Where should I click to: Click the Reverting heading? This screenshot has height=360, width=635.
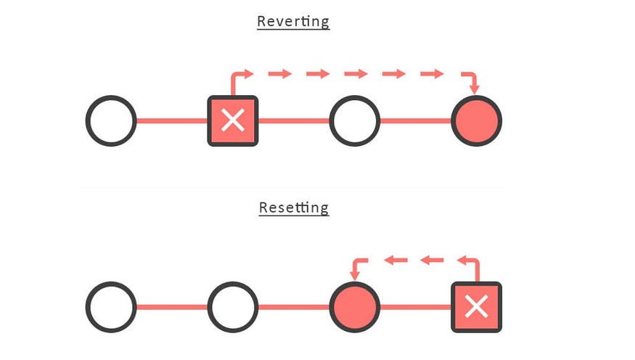pos(293,22)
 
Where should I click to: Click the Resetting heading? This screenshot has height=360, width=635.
pos(294,208)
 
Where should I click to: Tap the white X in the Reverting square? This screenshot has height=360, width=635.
pos(233,120)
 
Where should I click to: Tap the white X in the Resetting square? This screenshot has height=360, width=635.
pos(477,306)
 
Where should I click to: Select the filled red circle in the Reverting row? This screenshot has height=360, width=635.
pos(477,120)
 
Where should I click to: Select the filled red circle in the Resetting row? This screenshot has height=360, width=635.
pos(355,307)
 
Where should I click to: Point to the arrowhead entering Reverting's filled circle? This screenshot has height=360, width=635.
pos(475,89)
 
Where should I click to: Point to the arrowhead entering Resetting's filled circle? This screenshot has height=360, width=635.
pos(355,275)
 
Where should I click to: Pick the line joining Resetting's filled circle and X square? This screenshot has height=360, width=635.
pos(416,307)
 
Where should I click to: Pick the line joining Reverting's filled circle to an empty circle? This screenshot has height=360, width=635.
pos(416,120)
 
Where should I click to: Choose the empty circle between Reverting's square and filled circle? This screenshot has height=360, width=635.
pos(355,120)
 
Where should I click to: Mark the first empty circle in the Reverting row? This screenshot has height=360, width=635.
pos(111,120)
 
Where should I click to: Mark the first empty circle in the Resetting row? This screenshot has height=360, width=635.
pos(111,307)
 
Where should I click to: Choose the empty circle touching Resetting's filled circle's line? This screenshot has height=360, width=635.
pos(233,307)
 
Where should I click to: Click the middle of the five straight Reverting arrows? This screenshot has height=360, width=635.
pos(356,74)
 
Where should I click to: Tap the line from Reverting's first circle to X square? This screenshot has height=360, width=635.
pos(172,120)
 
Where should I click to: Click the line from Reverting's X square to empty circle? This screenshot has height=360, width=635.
pos(294,120)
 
